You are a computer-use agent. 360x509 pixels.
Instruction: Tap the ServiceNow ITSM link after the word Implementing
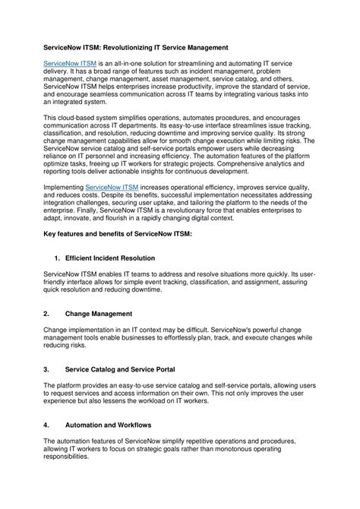tap(112, 186)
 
